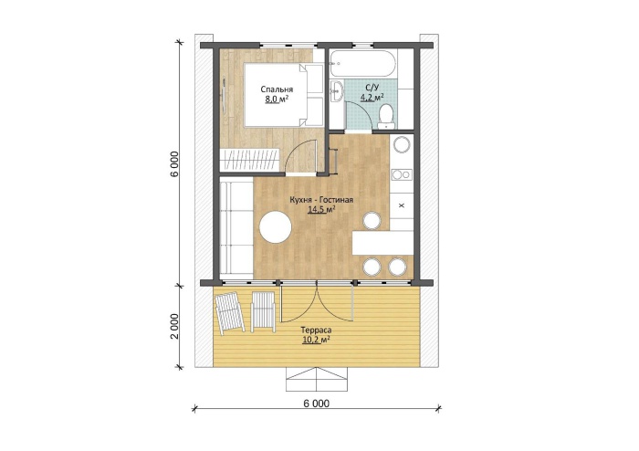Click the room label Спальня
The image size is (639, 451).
(x=277, y=89)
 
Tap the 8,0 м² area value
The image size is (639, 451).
(x=277, y=99)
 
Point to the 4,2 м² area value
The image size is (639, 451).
(x=372, y=97)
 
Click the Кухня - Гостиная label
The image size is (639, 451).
(x=321, y=200)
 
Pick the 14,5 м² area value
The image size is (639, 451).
(x=321, y=209)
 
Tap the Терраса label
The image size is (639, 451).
(x=316, y=330)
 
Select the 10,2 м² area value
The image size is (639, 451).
(x=316, y=340)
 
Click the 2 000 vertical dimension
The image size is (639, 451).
(x=174, y=326)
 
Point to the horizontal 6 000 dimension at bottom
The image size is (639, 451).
(x=316, y=404)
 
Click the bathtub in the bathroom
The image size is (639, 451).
(x=362, y=64)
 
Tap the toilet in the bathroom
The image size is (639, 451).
(x=385, y=116)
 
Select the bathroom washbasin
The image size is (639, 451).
(x=337, y=91)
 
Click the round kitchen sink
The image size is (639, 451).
(x=402, y=144)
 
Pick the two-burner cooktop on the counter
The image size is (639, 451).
(x=402, y=174)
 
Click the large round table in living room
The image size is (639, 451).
(x=276, y=227)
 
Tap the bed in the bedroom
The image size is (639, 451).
(x=284, y=95)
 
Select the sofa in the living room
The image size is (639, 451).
(x=236, y=230)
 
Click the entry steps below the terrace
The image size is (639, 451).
(x=317, y=379)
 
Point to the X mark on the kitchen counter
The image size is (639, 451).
(x=401, y=205)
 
